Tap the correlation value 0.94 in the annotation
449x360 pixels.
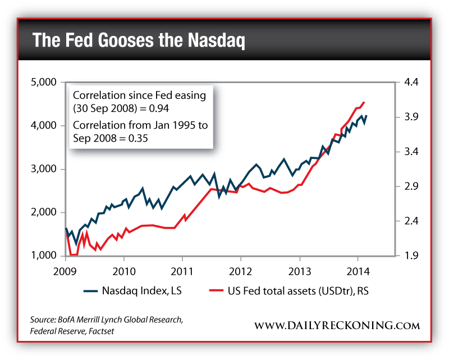[159, 107]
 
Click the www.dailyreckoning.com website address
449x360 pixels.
[337, 325]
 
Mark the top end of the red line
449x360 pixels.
[364, 102]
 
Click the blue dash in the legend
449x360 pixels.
[90, 291]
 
